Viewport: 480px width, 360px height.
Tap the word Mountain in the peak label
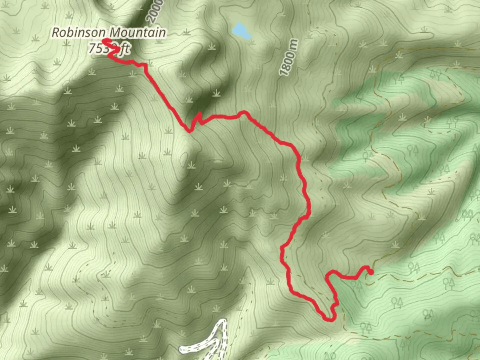coord(138,33)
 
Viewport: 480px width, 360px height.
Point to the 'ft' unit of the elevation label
coord(125,49)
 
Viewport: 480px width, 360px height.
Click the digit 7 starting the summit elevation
coord(92,49)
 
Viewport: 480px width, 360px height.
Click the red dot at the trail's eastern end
coord(371,272)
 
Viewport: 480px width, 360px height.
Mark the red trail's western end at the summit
coord(104,41)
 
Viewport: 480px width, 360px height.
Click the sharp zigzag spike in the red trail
coord(199,115)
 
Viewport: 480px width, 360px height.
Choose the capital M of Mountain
coord(115,33)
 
